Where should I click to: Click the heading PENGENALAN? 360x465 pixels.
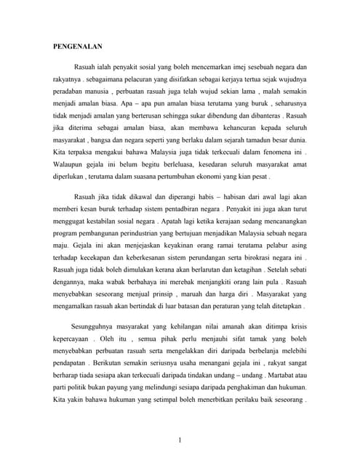pos(78,45)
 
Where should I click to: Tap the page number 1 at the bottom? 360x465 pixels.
pos(179,439)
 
